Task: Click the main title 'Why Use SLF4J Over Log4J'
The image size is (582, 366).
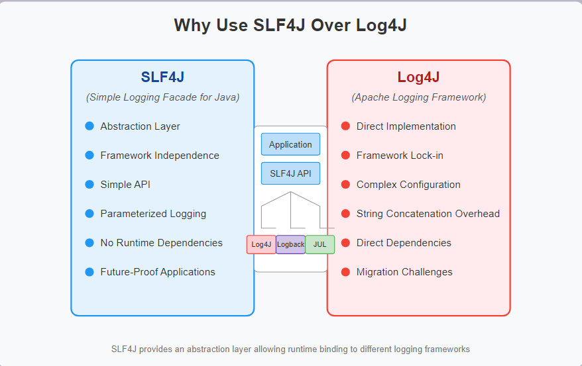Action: [290, 25]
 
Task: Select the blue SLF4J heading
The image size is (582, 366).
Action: [162, 77]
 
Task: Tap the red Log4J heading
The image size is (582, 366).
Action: [418, 77]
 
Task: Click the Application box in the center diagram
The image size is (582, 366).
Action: [290, 144]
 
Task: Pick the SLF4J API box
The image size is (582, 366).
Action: [290, 173]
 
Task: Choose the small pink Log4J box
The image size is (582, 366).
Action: [261, 244]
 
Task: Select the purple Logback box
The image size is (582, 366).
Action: [290, 244]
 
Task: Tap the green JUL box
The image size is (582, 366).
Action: [320, 244]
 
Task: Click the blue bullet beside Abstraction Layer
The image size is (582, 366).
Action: [89, 126]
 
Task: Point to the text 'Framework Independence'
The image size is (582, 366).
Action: [160, 156]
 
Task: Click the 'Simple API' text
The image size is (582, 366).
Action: [125, 185]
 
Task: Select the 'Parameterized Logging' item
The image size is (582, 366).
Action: [153, 214]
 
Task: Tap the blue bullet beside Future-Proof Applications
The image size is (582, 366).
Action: [89, 271]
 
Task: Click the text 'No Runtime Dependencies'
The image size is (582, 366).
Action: [161, 243]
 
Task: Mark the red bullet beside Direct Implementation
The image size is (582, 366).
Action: [345, 126]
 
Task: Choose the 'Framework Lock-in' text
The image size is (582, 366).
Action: [400, 156]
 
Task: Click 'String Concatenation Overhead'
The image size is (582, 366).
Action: [428, 214]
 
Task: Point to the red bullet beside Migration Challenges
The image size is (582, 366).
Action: [345, 271]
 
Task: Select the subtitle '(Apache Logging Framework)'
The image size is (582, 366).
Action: [418, 97]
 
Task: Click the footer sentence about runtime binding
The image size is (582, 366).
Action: [290, 349]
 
